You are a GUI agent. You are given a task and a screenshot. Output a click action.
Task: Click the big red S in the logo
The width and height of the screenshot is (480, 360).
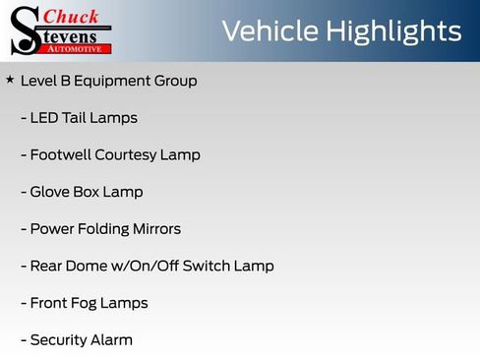coord(24,31)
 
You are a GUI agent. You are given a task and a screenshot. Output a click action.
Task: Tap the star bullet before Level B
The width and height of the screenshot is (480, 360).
coord(10,80)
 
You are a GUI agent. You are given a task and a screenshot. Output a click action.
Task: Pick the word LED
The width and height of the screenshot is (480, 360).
coord(45,118)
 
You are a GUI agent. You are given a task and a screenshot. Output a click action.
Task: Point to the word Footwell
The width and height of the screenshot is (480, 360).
coord(60,155)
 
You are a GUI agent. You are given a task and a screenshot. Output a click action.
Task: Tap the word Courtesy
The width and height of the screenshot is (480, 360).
coord(130,155)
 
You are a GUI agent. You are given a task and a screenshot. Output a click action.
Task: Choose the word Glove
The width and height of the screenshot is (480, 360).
coord(51,192)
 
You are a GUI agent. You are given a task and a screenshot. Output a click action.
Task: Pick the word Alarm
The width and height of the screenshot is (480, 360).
coord(110,340)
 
